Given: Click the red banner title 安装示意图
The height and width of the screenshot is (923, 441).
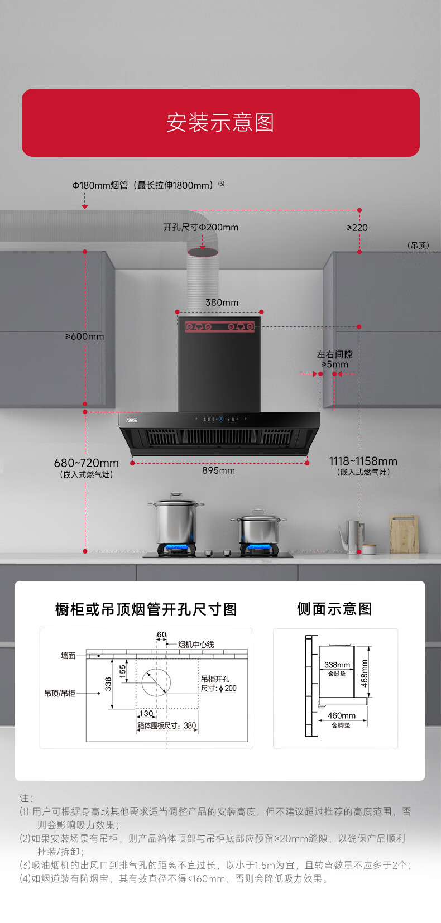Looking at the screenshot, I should click(220, 123).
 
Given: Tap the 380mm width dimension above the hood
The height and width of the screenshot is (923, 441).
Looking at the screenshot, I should click(222, 302).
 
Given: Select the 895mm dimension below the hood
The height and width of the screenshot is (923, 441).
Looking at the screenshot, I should click(218, 471).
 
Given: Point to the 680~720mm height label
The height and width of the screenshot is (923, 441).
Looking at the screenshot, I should click(86, 463).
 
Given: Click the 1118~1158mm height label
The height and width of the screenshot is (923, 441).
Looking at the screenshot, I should click(363, 461).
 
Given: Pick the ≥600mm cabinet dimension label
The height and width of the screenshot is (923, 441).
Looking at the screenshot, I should click(85, 336).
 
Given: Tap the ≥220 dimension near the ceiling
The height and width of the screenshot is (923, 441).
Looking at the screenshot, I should click(357, 228).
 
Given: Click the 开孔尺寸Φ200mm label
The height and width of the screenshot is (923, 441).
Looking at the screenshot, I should click(200, 228).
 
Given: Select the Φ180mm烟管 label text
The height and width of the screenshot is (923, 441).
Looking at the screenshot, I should click(142, 185).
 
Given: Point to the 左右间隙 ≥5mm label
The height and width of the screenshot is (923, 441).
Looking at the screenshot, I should click(334, 359).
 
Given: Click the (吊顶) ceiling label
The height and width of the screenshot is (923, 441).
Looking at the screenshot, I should click(418, 246).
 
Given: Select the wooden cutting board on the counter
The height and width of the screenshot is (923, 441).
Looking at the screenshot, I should click(404, 533).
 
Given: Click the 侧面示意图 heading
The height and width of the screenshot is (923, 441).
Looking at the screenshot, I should click(334, 609).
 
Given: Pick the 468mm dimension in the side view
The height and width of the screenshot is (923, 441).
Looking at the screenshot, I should click(364, 673).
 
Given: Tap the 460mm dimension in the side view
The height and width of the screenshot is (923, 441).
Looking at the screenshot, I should click(341, 716).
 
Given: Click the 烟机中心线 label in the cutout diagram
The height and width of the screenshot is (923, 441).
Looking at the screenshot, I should click(195, 645).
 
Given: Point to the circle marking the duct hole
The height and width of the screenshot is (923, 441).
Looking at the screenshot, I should click(156, 682).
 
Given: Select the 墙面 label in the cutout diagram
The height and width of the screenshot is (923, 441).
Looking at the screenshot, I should click(68, 656).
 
